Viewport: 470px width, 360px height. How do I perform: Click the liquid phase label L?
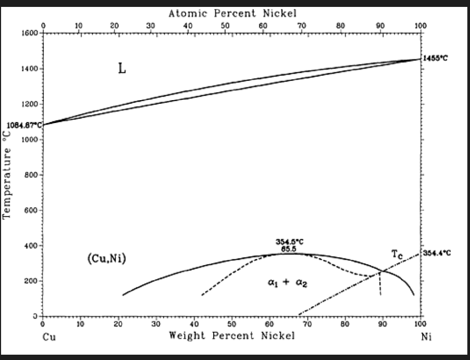click(122, 69)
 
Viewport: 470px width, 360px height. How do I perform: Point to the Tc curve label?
click(397, 255)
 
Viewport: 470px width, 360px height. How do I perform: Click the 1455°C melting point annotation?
click(435, 59)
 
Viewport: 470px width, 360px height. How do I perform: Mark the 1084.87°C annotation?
click(24, 125)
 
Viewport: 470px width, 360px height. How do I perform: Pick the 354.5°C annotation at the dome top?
click(289, 242)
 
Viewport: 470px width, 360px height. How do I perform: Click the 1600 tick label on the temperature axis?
click(30, 33)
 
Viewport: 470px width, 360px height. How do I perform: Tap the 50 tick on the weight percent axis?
click(232, 323)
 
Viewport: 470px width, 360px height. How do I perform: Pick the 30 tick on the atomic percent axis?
click(150, 25)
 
